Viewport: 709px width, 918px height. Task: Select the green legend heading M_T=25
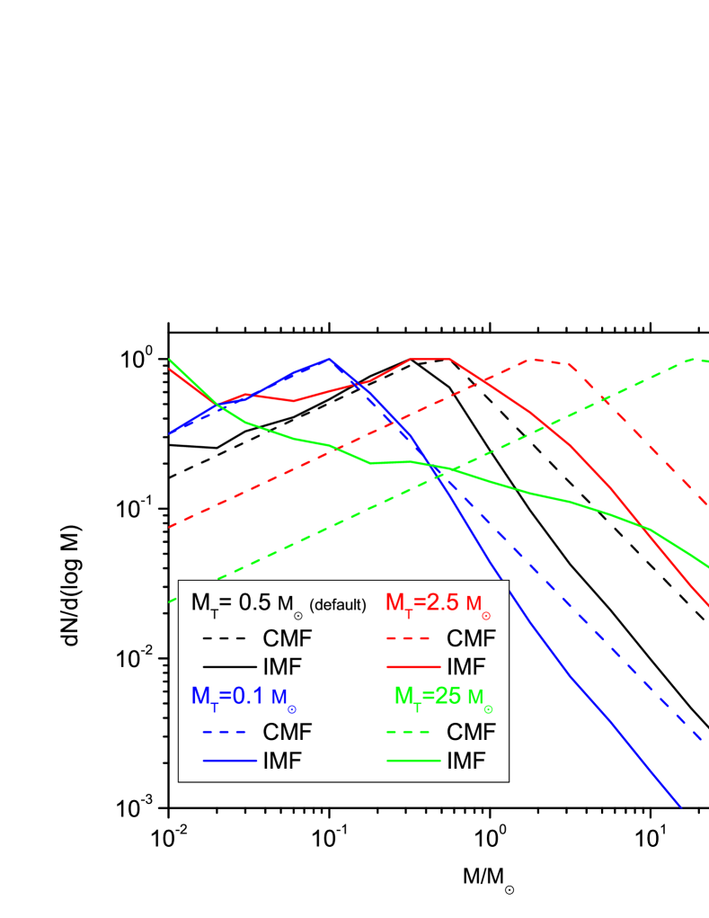click(x=443, y=698)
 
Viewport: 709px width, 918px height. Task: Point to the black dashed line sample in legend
click(x=224, y=638)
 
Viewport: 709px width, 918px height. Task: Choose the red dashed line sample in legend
click(x=413, y=638)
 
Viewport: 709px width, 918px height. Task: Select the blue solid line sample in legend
click(x=224, y=761)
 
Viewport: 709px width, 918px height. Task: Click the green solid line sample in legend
click(x=413, y=761)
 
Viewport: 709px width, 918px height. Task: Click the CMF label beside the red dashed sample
click(x=471, y=638)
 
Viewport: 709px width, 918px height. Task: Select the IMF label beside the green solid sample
click(x=465, y=761)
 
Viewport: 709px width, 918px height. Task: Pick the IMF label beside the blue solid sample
click(x=282, y=761)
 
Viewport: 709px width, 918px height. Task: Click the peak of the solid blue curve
click(x=330, y=358)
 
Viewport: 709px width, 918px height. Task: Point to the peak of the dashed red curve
click(x=533, y=359)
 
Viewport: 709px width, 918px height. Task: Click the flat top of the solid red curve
click(x=431, y=359)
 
